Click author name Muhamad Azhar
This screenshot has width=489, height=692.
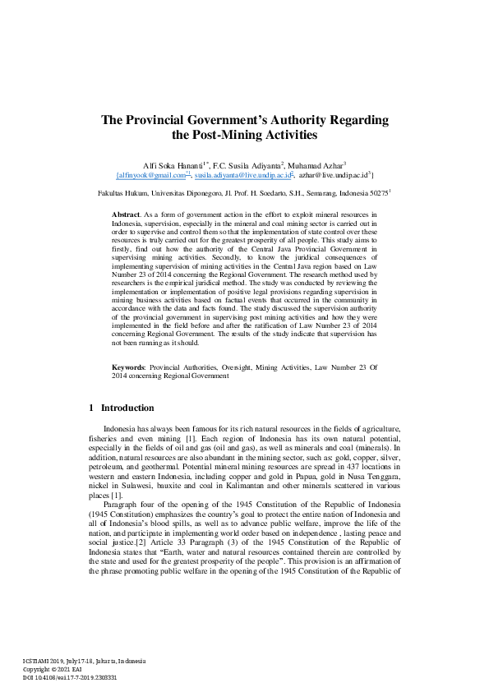(318, 164)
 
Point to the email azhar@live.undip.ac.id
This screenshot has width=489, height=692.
(334, 175)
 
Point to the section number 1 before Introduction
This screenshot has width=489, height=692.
(90, 408)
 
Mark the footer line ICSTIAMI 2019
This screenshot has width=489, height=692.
(84, 660)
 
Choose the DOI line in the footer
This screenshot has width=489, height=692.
(70, 677)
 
